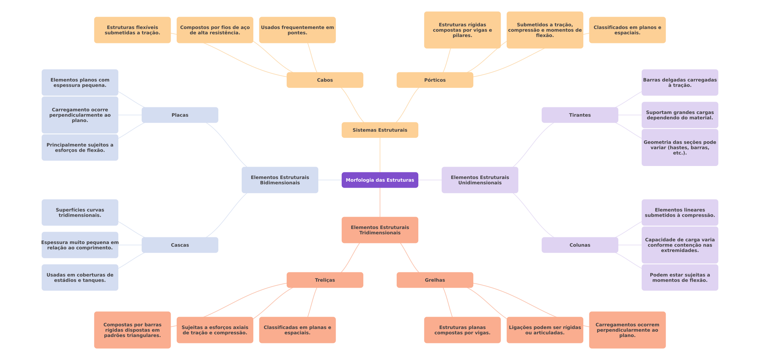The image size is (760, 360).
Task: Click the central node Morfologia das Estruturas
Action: coord(380,180)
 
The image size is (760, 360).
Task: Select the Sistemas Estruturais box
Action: coord(380,130)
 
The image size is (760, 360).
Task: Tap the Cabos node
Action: coord(325,80)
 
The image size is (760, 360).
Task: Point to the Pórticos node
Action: coord(435,80)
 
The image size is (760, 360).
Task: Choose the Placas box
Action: coord(180,115)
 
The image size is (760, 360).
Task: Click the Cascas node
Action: coord(180,245)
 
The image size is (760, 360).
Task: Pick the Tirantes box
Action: coord(580,115)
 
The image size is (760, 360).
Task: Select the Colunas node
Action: coord(580,245)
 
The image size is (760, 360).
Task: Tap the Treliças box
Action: coord(325,280)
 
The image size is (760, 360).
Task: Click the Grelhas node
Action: coord(435,280)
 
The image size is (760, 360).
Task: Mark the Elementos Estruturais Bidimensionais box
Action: coord(280,180)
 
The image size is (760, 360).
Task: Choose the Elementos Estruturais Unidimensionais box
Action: coord(480,180)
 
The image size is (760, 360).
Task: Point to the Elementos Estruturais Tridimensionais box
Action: coord(380,230)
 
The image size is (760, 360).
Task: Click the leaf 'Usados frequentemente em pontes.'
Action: coord(297,30)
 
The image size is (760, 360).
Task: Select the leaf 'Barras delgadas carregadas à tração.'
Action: coord(680,82)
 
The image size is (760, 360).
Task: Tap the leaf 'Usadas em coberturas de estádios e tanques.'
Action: coord(80,277)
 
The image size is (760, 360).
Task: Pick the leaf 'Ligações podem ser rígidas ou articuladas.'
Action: coord(545,330)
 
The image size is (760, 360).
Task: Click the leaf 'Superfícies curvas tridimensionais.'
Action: coord(80,212)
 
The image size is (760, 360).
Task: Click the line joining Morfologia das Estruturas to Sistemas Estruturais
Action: coord(380,155)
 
